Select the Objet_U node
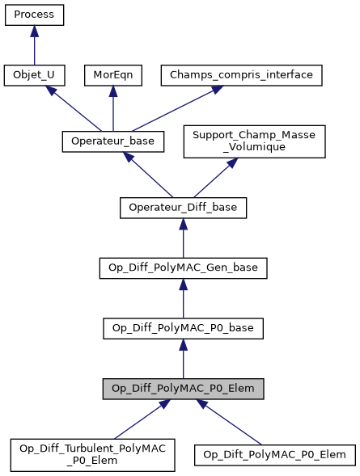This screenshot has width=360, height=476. click(34, 75)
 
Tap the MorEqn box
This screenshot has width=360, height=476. click(112, 75)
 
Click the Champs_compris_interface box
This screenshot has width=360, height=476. click(243, 75)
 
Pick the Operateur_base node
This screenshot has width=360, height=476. click(113, 141)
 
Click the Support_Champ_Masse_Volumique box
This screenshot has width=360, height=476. click(255, 141)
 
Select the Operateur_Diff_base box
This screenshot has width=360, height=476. click(183, 208)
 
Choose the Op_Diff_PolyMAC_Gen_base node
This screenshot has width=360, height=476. click(183, 267)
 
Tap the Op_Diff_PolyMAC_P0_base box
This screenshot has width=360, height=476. click(183, 327)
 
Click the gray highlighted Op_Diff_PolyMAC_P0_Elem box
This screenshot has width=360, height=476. click(183, 388)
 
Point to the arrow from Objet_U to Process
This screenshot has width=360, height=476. click(34, 45)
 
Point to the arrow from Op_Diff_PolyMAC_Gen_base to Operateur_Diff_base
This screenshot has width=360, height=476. click(183, 238)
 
